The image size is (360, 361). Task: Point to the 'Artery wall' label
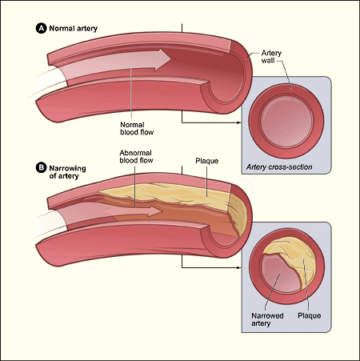pos(272,58)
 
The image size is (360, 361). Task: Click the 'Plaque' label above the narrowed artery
pos(207,162)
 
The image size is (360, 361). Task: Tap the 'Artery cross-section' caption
pos(278,167)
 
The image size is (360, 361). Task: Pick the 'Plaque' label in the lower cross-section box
pos(309,315)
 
